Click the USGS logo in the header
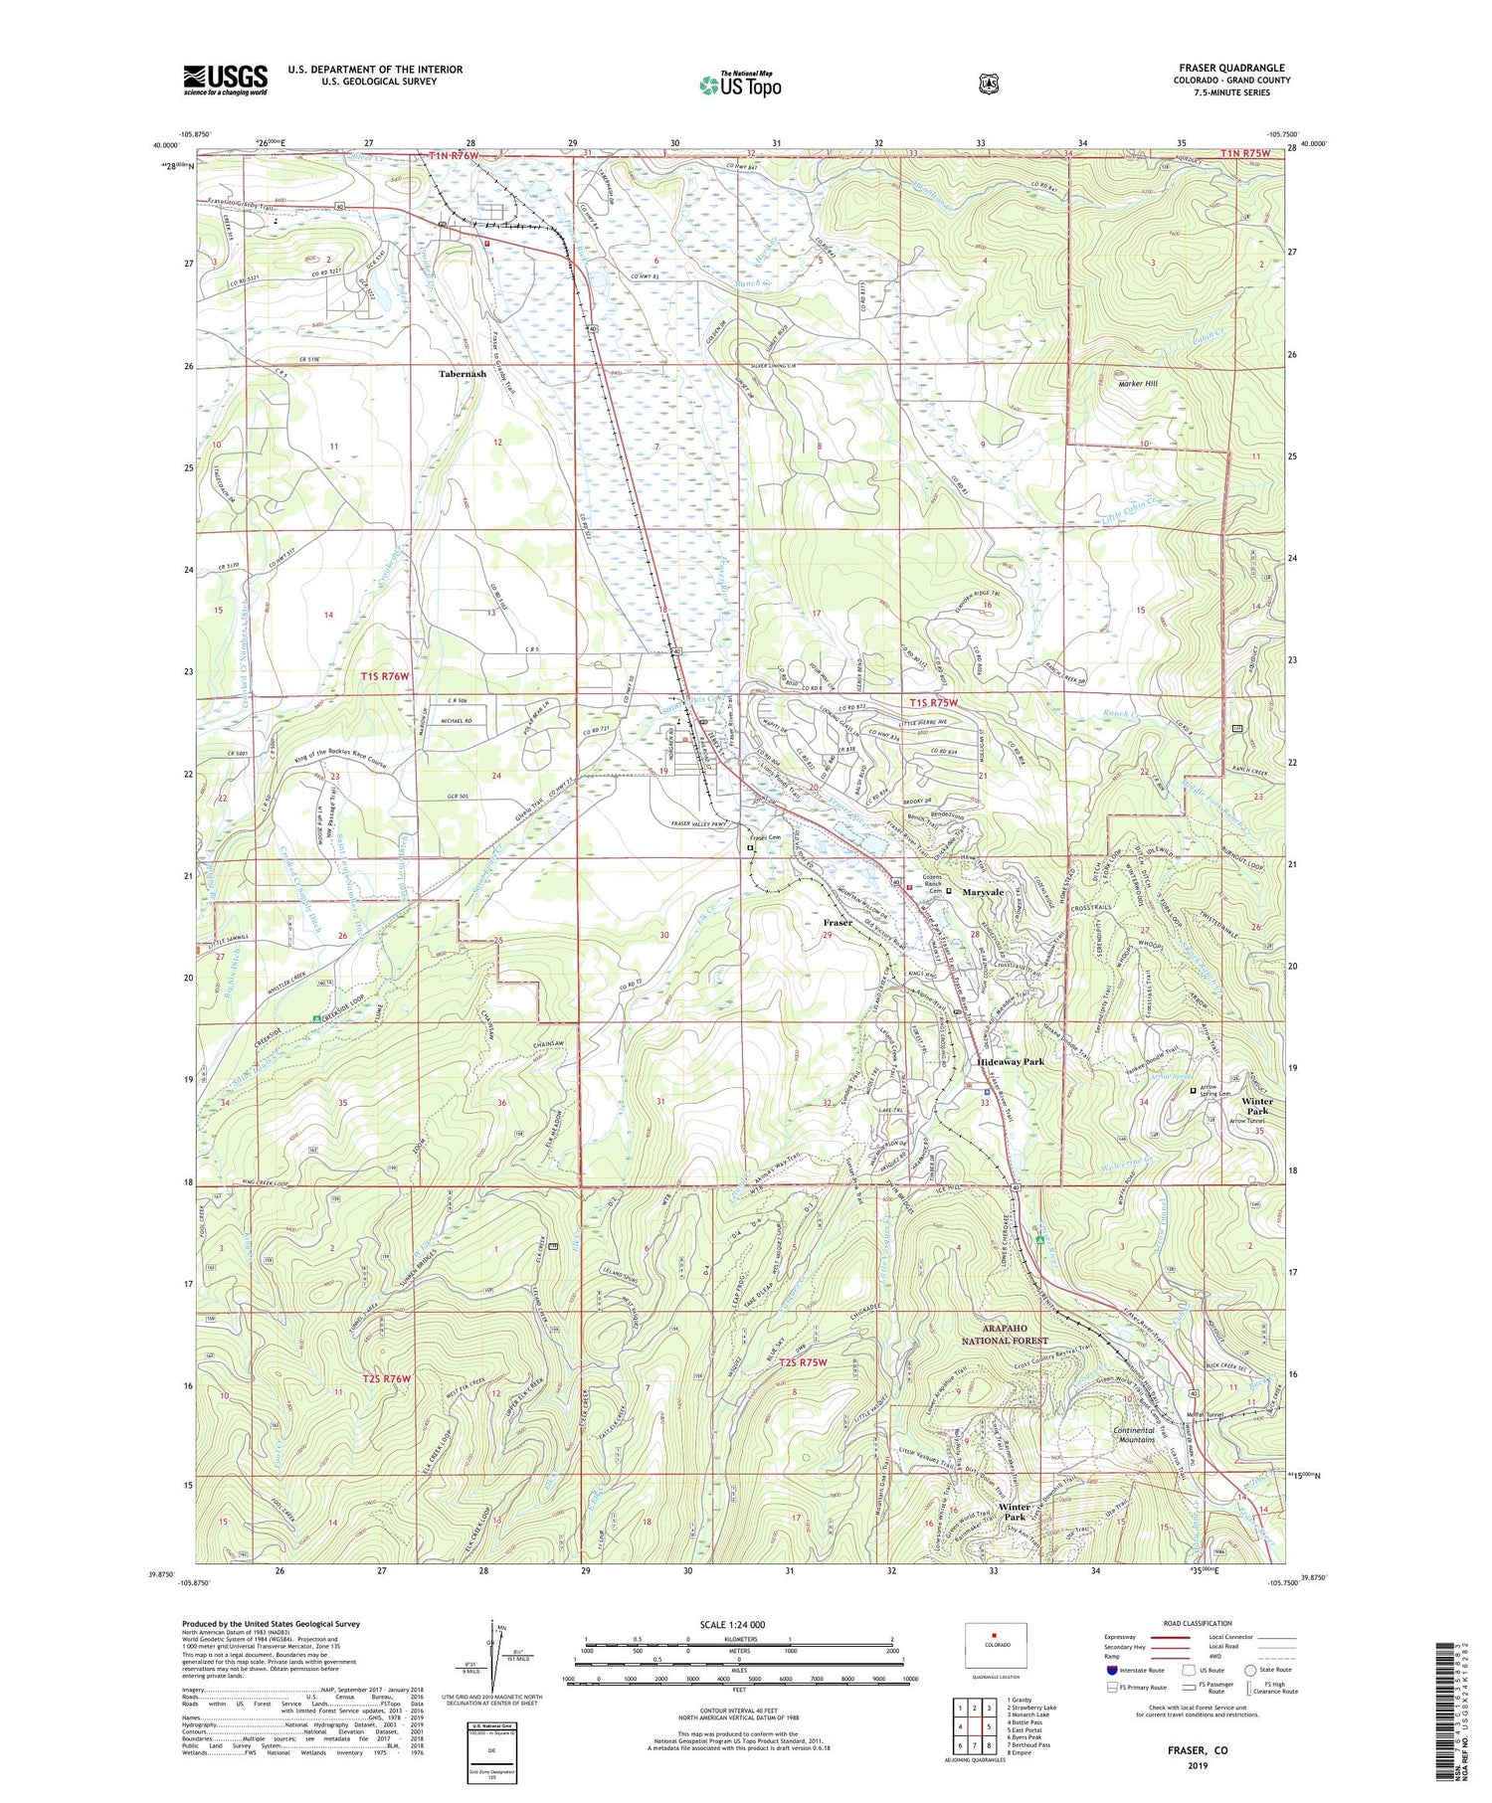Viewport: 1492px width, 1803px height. coord(225,80)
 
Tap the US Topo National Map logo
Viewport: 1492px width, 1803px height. coord(740,84)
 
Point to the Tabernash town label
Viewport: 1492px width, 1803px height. coord(463,374)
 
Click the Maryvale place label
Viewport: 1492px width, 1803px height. coord(982,892)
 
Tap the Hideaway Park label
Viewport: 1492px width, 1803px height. coord(1011,1061)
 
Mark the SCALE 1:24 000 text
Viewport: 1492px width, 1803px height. coord(739,1624)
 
